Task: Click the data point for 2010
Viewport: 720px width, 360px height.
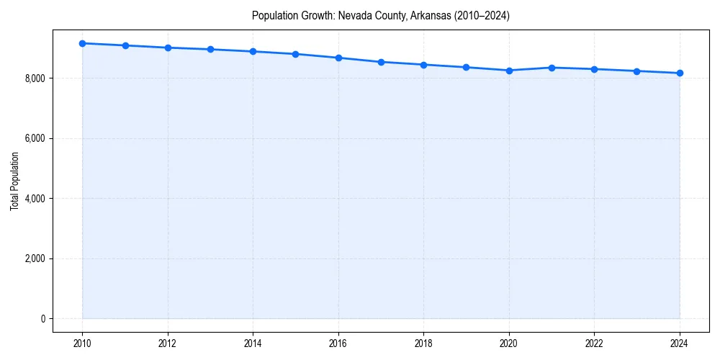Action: point(82,43)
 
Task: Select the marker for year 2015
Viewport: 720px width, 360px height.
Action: point(296,54)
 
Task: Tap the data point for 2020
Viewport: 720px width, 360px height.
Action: point(509,71)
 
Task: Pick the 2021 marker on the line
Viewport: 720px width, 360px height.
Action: point(552,68)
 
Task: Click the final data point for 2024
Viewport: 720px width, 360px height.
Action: point(680,73)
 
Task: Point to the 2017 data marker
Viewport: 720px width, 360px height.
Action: point(381,62)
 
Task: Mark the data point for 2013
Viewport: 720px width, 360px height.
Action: point(210,49)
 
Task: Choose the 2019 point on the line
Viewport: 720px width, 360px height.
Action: point(467,67)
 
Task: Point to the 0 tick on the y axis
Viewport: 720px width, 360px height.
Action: point(43,319)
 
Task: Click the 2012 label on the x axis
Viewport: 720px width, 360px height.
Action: point(168,343)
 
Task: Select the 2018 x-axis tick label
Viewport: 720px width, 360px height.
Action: point(423,343)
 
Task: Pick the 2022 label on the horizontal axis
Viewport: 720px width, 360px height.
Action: point(594,343)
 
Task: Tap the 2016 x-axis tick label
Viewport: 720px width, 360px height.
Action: point(338,343)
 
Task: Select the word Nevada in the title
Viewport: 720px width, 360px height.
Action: point(354,16)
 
